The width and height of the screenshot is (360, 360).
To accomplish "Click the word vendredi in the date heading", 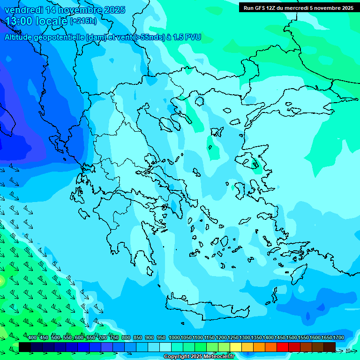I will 23,10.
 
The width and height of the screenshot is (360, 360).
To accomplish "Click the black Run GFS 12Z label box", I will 298,7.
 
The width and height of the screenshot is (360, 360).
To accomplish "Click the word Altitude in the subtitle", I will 21,37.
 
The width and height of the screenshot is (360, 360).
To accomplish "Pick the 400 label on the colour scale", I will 32,338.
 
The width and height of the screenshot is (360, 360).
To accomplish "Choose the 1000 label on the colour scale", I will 174,338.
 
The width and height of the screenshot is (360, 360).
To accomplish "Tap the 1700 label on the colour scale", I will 338,338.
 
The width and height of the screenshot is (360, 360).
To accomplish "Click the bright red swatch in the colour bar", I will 283,347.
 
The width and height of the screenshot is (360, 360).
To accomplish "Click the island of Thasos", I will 200,101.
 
